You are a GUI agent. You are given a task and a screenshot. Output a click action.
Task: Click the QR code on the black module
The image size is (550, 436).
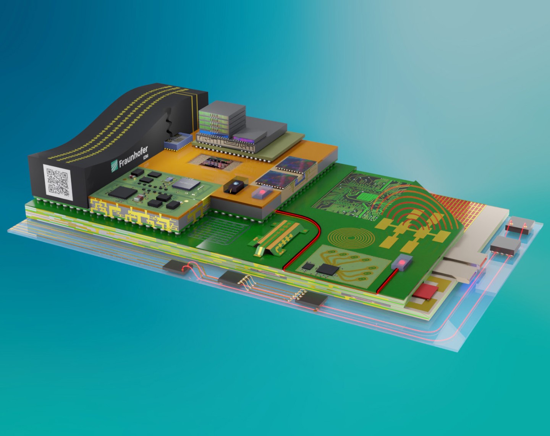tap(58, 182)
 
